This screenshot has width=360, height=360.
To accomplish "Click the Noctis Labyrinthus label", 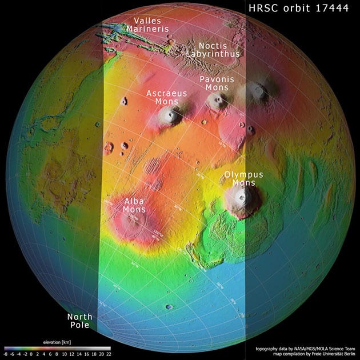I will click(213, 49).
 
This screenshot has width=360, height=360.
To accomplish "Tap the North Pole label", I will click(79, 321).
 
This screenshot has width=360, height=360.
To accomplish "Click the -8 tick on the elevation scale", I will click(6, 354).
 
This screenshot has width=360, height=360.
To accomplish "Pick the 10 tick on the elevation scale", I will click(66, 354).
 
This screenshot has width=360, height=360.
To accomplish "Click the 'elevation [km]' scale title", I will click(56, 341).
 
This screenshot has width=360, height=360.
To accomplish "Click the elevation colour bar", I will click(57, 347).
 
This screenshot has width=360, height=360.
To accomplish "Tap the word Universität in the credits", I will click(327, 353).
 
